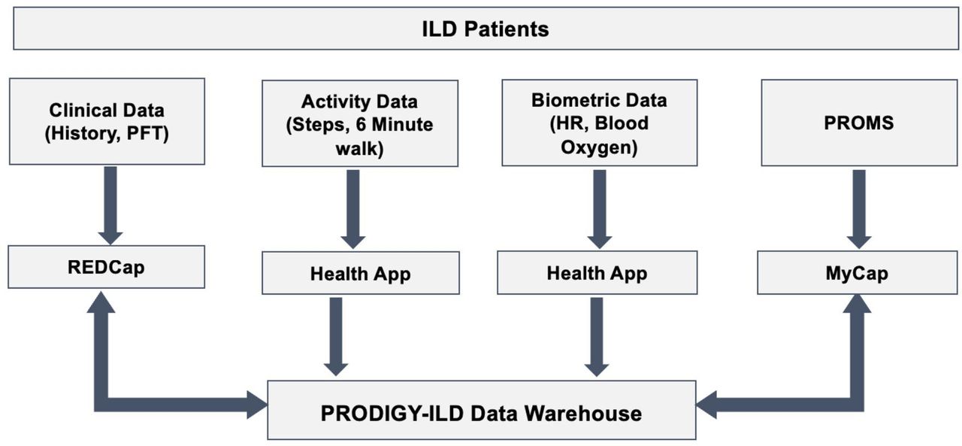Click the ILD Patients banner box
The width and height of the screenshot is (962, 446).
486,29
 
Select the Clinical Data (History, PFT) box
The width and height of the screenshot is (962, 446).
107,121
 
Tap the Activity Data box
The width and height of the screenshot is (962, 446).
360,123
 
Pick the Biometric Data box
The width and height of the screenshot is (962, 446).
600,123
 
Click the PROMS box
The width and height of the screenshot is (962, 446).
859,123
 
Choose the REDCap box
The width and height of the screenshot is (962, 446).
107,267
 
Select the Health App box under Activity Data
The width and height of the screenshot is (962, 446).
361,273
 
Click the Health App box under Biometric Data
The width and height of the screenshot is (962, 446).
597,272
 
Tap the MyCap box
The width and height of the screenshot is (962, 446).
858,272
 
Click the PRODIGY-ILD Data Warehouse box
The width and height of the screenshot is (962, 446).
482,410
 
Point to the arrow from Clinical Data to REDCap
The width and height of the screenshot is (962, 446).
110,206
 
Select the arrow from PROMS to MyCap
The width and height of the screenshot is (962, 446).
859,209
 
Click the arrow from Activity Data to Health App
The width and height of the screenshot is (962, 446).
353,209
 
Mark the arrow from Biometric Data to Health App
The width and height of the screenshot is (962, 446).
600,209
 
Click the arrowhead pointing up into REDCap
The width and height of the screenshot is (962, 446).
101,302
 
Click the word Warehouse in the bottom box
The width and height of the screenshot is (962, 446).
583,414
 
